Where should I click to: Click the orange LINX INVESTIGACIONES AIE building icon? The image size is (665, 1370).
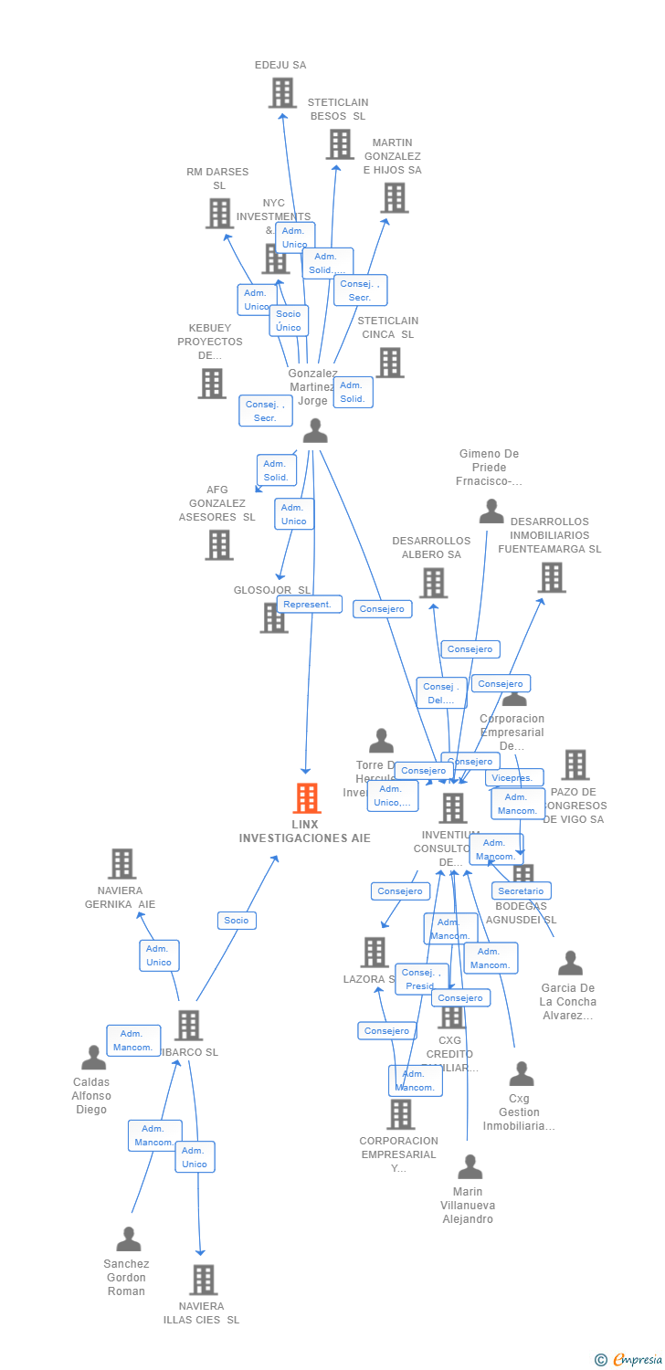pos(307,798)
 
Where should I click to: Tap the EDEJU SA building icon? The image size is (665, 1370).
pos(282,93)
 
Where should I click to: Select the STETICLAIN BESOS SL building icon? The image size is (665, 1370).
pos(340,144)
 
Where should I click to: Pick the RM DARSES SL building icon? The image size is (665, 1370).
pos(219,214)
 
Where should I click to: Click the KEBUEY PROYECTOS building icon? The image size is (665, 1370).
pos(212,384)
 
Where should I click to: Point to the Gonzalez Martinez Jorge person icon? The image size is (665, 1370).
pos(315,431)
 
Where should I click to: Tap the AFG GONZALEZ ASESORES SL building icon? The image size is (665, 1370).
pos(219,545)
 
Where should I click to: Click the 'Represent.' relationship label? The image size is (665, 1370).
pos(310,605)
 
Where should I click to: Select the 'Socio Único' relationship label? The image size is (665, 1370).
pos(289,321)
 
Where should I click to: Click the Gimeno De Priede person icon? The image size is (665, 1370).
pos(491,511)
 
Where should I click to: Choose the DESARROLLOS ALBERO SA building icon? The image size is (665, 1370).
pos(433,583)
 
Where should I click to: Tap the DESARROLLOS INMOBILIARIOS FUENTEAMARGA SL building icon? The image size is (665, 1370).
pos(551,577)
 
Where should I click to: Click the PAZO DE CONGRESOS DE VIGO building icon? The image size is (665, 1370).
pos(575,764)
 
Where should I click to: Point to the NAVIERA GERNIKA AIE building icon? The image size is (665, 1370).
pos(121,864)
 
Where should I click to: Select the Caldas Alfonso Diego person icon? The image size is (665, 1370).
pos(93,1059)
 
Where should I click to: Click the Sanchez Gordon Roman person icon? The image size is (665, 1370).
pos(129,1239)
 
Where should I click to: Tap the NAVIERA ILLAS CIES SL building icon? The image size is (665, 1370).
pos(203,1280)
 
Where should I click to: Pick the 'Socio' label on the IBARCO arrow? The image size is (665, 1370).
pos(237,920)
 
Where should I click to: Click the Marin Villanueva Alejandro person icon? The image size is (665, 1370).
pos(470,1167)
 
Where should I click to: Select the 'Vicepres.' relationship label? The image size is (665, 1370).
pos(514,778)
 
